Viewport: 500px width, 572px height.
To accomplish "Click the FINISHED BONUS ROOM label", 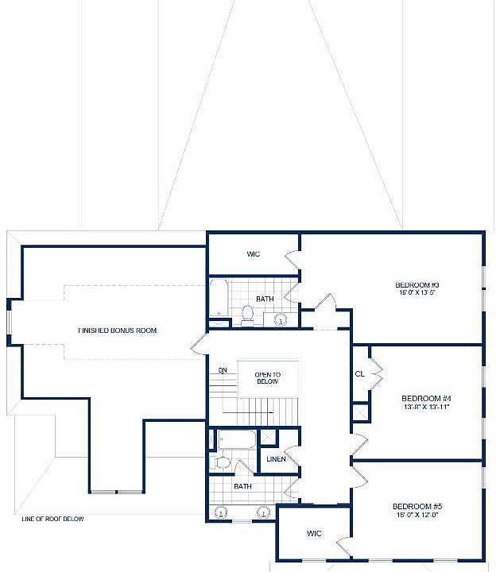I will [117, 330].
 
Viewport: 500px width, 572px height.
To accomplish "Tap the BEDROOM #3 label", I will [417, 285].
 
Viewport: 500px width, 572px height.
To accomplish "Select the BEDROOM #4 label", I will [426, 398].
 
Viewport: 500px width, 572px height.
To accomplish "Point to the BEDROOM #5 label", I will [417, 506].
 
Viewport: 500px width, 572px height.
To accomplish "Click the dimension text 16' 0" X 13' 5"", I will [417, 293].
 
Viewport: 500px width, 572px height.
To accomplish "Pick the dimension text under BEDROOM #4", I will [426, 407].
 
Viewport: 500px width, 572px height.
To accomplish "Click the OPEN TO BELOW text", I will [266, 377].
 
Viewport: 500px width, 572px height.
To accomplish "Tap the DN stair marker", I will [223, 371].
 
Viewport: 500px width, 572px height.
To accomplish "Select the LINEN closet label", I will [277, 460].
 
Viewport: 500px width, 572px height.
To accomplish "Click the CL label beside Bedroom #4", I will [359, 373].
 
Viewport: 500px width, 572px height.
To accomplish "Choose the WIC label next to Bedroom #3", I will [254, 254].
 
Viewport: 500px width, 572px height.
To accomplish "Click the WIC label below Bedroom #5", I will [313, 534].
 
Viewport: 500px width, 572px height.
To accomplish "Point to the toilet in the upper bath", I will [247, 315].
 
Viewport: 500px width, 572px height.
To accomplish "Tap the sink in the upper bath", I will [280, 319].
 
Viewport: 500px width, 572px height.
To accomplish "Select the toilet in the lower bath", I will [222, 462].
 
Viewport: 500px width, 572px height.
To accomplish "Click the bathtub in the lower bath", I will [236, 439].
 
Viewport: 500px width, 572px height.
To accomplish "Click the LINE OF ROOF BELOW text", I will [52, 519].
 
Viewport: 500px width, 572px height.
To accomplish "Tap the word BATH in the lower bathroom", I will [242, 486].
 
